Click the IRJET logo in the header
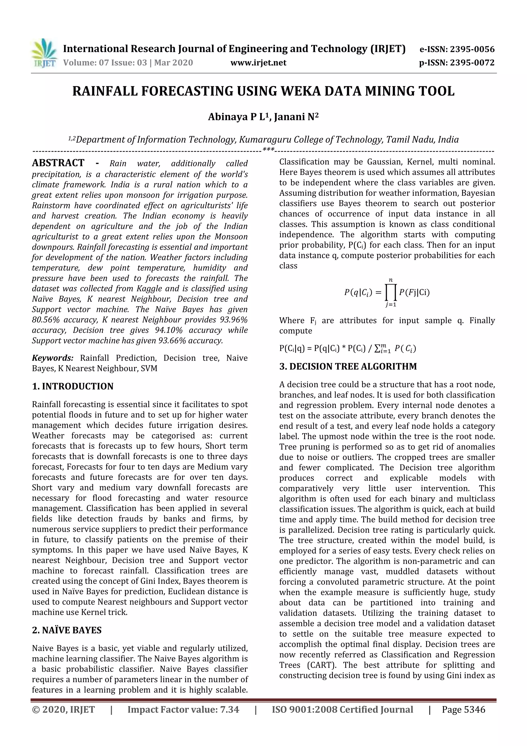coord(43,53)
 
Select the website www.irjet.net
coord(258,63)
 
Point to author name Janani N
coord(296,117)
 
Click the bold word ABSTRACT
coord(58,163)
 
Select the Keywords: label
coord(52,358)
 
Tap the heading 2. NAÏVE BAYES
coord(67,630)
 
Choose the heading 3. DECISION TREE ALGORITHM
coord(348,367)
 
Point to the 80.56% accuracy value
coord(46,320)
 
